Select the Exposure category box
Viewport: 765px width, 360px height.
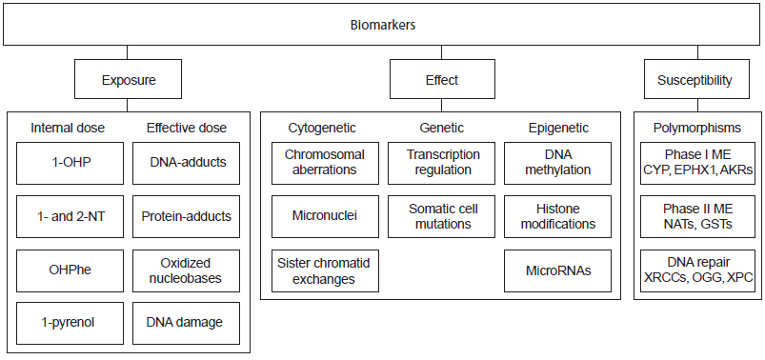tap(129, 81)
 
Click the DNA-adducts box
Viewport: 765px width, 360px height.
tap(188, 162)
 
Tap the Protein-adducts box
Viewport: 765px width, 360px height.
tap(188, 215)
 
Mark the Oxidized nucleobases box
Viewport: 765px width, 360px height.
tap(188, 269)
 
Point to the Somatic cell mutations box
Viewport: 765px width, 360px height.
tap(443, 215)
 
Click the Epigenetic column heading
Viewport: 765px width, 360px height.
tap(558, 128)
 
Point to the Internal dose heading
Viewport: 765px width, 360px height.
tap(68, 128)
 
